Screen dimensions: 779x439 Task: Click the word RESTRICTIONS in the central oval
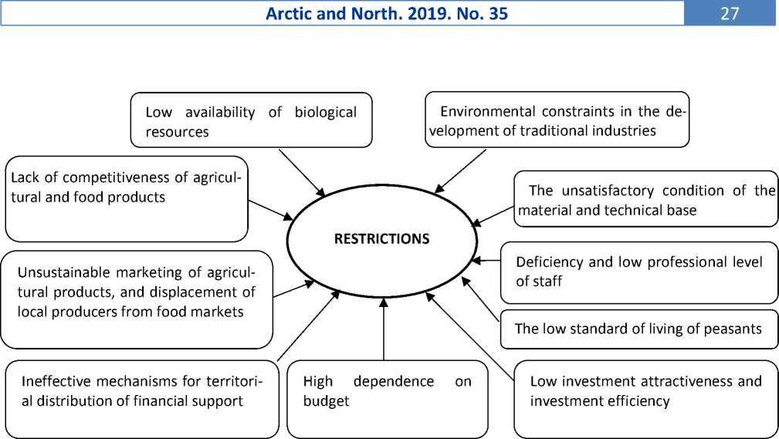pyautogui.click(x=381, y=239)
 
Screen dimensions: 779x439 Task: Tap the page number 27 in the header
pyautogui.click(x=730, y=13)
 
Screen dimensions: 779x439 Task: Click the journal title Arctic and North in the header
pyautogui.click(x=328, y=13)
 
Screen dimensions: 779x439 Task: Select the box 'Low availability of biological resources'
pyautogui.click(x=252, y=120)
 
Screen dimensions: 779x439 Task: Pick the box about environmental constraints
pyautogui.click(x=557, y=120)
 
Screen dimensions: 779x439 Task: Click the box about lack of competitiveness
pyautogui.click(x=127, y=198)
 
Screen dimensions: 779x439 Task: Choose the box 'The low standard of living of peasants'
pyautogui.click(x=639, y=329)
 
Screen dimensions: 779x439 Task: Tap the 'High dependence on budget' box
pyautogui.click(x=388, y=400)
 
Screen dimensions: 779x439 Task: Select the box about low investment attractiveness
pyautogui.click(x=646, y=400)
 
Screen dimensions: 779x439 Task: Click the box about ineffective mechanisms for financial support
pyautogui.click(x=142, y=400)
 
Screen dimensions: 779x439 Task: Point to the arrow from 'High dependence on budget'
pyautogui.click(x=384, y=329)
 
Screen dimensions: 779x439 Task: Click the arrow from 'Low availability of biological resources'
pyautogui.click(x=302, y=173)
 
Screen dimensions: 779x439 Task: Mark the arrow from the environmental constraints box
pyautogui.click(x=460, y=171)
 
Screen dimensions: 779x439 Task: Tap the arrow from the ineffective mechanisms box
pyautogui.click(x=309, y=326)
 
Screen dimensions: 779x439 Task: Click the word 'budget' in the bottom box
pyautogui.click(x=326, y=401)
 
